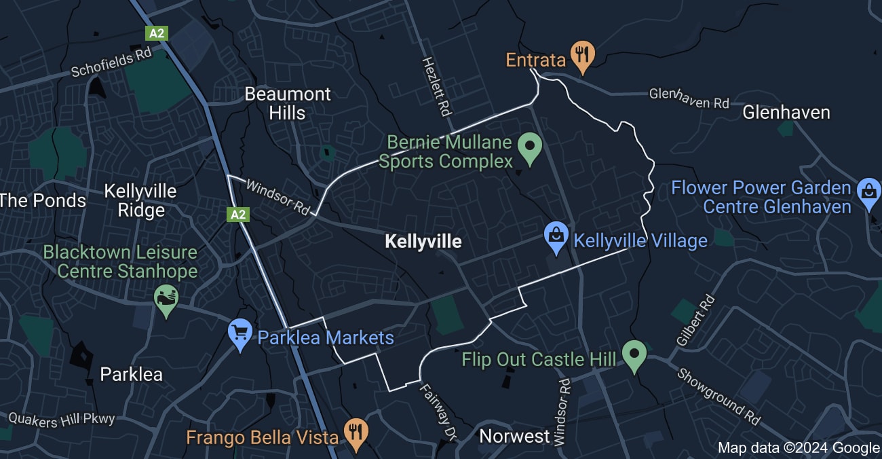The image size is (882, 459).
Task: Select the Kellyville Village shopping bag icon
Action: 556,238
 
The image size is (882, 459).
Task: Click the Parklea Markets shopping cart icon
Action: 239,334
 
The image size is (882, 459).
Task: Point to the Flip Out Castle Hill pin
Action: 634,354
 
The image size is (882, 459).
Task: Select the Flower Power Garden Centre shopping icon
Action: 868,192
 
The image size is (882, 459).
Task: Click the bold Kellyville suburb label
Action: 423,241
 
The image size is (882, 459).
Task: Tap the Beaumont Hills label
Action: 288,103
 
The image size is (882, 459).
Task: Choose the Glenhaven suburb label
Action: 786,112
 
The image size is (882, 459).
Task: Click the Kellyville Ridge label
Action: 140,200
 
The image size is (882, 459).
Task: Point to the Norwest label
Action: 514,436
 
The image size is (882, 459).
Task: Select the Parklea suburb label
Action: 132,374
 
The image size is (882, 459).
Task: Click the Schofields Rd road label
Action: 111,62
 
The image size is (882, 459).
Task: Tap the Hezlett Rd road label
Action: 436,86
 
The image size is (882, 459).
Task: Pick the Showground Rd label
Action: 718,397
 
